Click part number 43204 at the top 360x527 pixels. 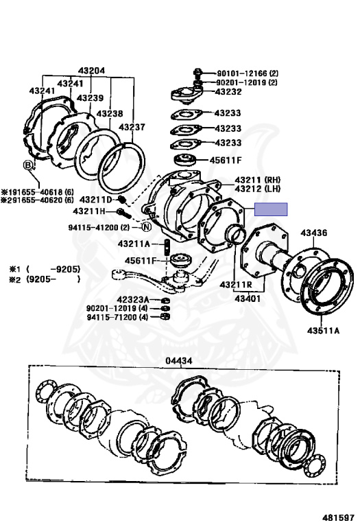(91, 71)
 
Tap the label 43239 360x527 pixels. (90, 98)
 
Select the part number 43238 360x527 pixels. (110, 113)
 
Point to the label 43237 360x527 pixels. (132, 127)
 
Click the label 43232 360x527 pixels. (228, 92)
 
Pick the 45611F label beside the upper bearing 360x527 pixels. (226, 160)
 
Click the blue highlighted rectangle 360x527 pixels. (271, 209)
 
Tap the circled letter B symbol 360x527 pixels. (28, 165)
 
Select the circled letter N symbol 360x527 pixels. (147, 227)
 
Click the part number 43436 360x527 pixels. (314, 233)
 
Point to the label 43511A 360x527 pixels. (324, 331)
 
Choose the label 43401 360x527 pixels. (248, 298)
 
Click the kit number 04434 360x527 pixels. (179, 361)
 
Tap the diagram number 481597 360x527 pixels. (339, 517)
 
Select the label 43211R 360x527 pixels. (236, 285)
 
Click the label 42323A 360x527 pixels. (132, 299)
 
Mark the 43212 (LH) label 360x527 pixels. (258, 189)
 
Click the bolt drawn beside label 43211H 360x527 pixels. (123, 213)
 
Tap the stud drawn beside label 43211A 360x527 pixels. (167, 247)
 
